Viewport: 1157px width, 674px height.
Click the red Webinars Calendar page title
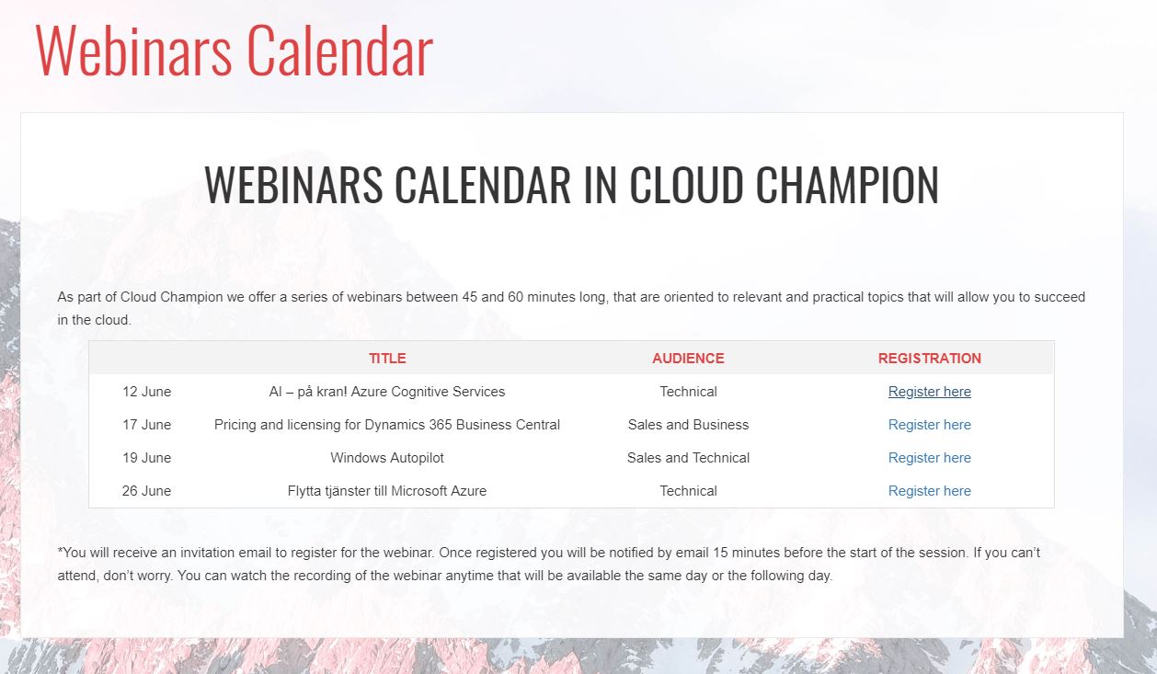tap(234, 51)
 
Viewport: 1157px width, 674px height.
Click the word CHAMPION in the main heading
tap(847, 185)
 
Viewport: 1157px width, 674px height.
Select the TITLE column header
tap(387, 358)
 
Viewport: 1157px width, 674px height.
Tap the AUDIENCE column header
tap(688, 358)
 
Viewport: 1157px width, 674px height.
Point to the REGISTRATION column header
tap(929, 358)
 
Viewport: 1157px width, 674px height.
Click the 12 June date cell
tap(146, 392)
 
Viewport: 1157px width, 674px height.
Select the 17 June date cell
tap(146, 425)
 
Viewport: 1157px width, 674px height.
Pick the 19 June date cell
tap(146, 458)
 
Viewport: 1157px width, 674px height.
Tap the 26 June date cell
tap(146, 491)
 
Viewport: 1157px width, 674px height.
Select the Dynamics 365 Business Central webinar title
tap(387, 425)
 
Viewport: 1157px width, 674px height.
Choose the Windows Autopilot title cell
tap(387, 458)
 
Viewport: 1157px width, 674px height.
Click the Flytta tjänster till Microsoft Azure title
tap(387, 491)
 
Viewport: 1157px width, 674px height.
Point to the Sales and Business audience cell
tap(688, 425)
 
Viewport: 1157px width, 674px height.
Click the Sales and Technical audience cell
tap(688, 458)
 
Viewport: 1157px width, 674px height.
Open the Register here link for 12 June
tap(929, 392)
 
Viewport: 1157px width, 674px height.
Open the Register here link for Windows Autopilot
tap(929, 458)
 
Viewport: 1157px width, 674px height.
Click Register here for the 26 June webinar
tap(929, 491)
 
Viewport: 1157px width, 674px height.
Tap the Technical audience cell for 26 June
tap(688, 491)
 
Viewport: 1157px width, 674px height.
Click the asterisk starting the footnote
tap(60, 550)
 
